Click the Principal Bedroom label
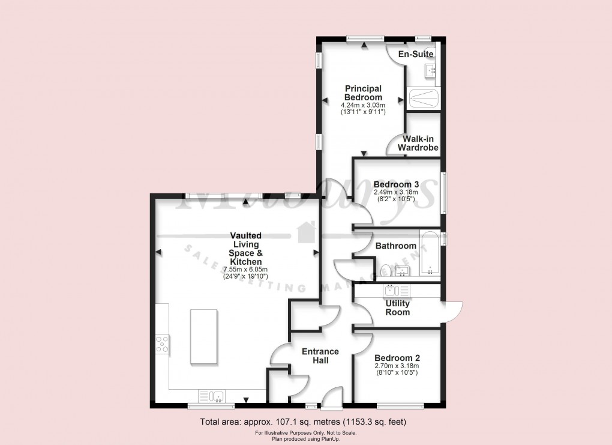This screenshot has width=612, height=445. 363,93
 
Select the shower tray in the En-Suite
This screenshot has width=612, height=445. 424,98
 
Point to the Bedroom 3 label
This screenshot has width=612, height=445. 395,184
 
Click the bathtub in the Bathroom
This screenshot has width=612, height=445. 430,253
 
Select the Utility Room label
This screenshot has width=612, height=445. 397,307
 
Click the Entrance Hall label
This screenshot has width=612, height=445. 320,356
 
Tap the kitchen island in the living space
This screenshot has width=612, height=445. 204,336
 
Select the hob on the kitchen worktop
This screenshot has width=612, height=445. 162,344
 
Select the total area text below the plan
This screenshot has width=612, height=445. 307,422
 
